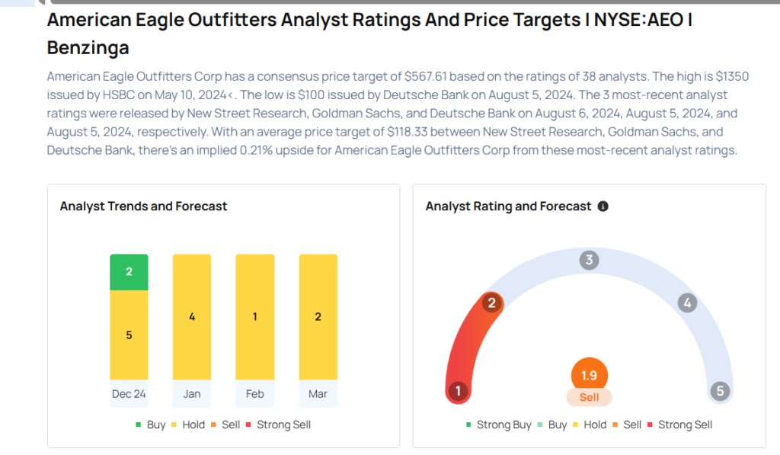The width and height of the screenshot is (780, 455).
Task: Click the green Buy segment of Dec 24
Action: (129, 272)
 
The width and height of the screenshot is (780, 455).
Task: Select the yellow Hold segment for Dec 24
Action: (129, 335)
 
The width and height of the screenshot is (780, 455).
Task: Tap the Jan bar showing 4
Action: (192, 316)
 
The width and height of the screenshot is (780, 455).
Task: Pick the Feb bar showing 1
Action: (255, 316)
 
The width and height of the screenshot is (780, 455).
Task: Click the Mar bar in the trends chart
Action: (318, 316)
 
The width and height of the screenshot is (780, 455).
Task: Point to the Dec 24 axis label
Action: (129, 394)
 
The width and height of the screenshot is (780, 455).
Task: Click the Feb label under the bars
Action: (255, 394)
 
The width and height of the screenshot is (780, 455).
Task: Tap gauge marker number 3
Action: (588, 260)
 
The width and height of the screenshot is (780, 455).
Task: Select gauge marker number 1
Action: (458, 392)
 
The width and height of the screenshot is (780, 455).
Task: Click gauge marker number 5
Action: (719, 392)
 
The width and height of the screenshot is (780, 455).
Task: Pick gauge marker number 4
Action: (687, 303)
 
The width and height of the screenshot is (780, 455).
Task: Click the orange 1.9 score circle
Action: (589, 376)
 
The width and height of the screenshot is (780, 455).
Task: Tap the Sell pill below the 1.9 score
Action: (589, 397)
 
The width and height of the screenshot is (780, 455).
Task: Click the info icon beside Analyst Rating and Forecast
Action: (603, 207)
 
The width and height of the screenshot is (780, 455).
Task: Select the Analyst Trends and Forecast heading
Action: (143, 207)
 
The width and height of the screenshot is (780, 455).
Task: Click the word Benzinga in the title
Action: (88, 48)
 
